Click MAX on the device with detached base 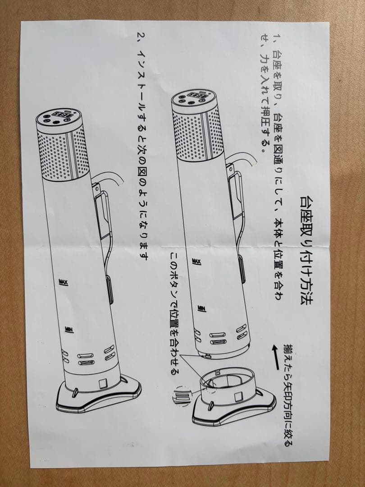(x=197, y=262)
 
